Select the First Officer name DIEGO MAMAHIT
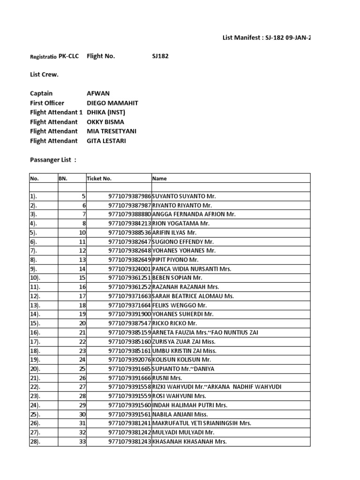pos(112,103)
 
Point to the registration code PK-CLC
pos(69,56)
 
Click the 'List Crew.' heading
pos(44,74)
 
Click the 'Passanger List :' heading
pos(52,160)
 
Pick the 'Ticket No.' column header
pos(99,178)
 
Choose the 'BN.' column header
pos(63,178)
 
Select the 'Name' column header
pos(159,178)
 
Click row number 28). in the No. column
pos(36,442)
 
